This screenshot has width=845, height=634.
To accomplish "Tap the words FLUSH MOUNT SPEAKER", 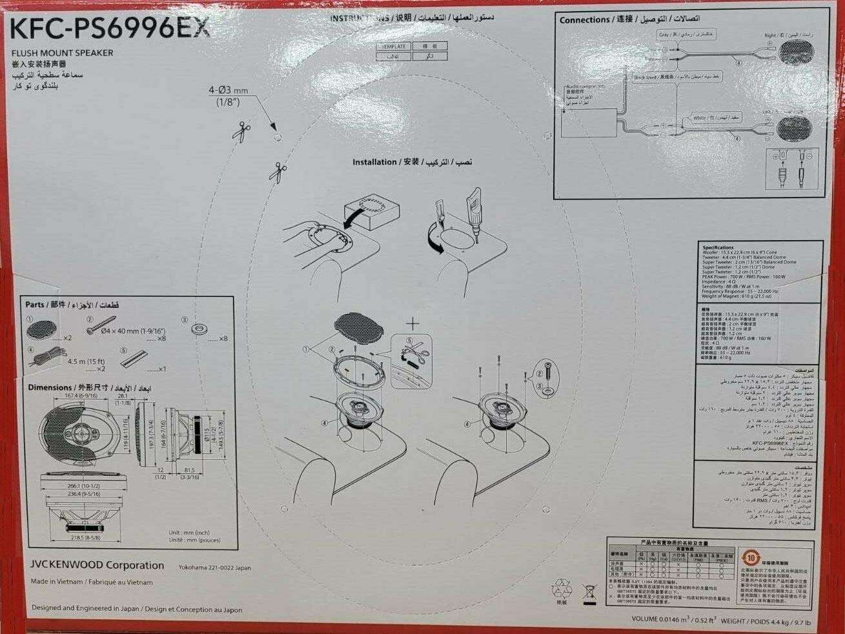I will [63, 53].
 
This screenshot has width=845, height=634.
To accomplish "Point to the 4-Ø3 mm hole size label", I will [228, 91].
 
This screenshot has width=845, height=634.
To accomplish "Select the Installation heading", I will [374, 162].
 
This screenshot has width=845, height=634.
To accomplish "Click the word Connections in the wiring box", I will [584, 20].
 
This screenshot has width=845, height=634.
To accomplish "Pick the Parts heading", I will [35, 304].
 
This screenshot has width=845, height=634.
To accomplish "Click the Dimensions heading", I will [50, 387].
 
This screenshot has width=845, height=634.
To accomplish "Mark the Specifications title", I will [718, 247].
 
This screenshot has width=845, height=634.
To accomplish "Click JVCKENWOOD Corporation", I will [97, 565].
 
